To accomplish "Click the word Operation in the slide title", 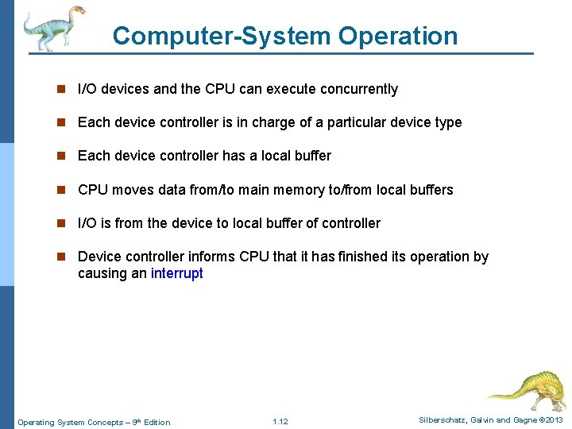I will point(398,36).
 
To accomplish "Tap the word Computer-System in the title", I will point(221,36).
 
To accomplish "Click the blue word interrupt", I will point(176,273).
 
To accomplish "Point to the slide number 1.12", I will point(280,421).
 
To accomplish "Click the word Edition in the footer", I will point(157,422).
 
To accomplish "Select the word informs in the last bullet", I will point(212,257).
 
